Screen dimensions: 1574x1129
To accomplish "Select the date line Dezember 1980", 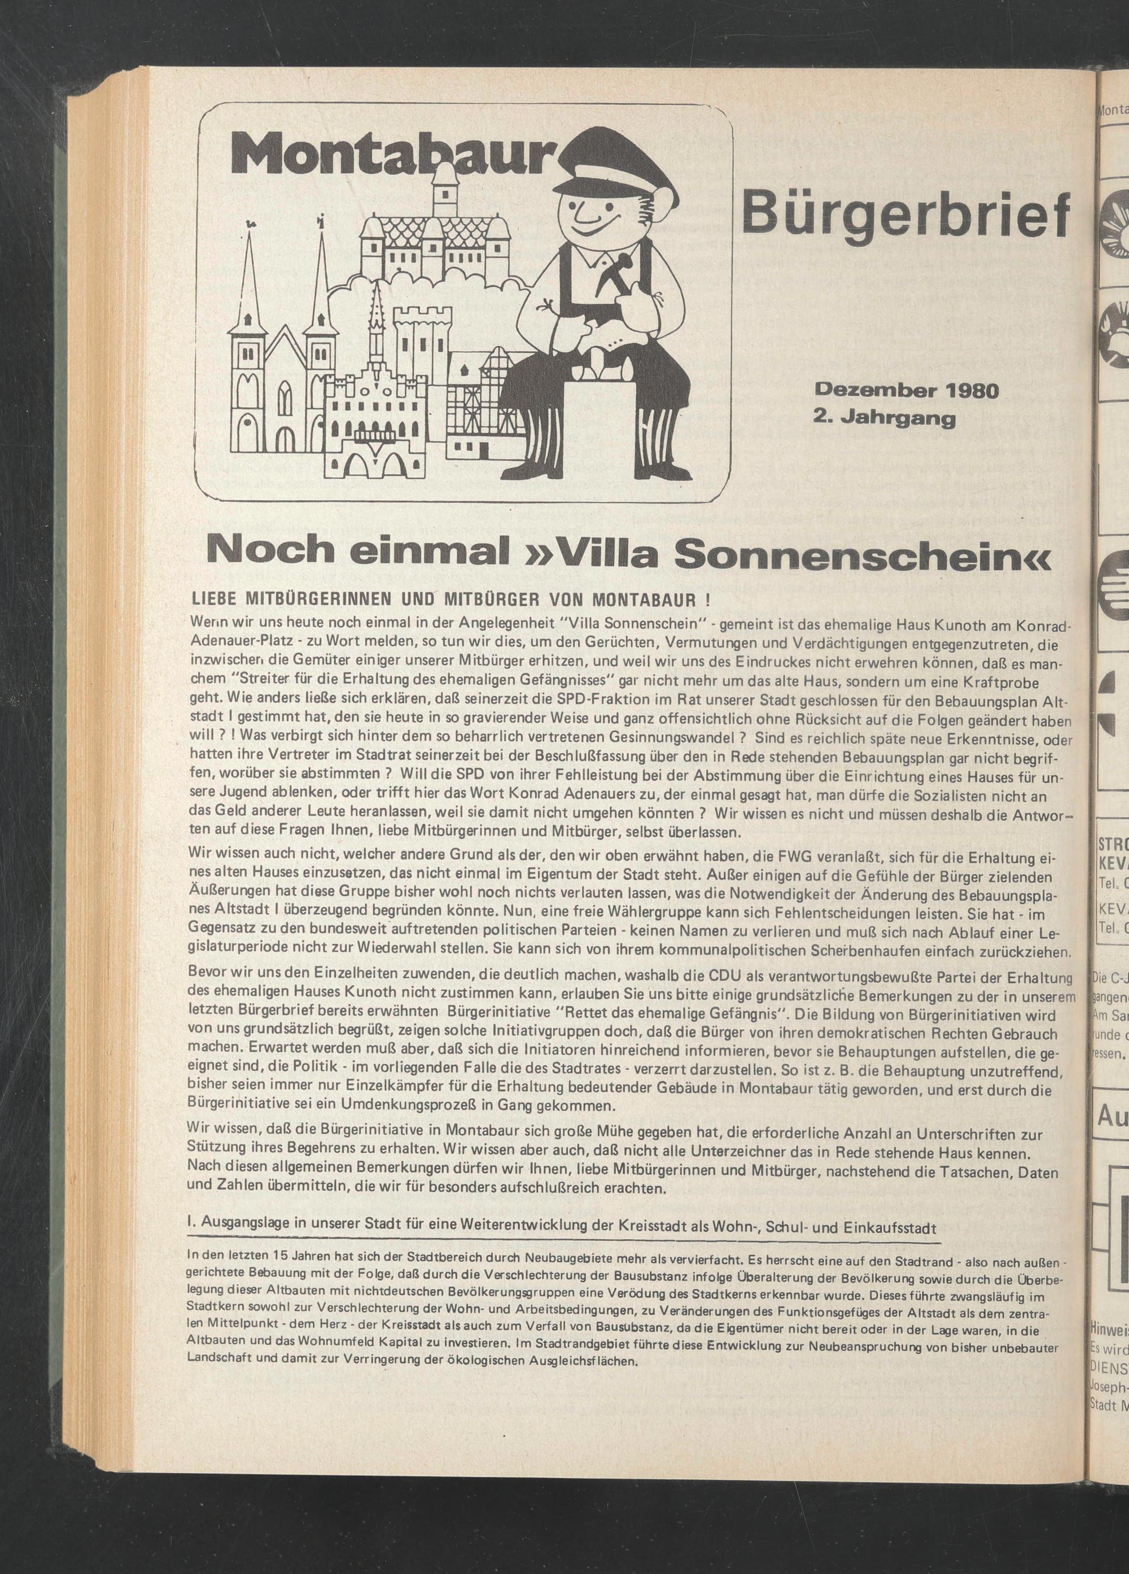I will coord(906,391).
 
